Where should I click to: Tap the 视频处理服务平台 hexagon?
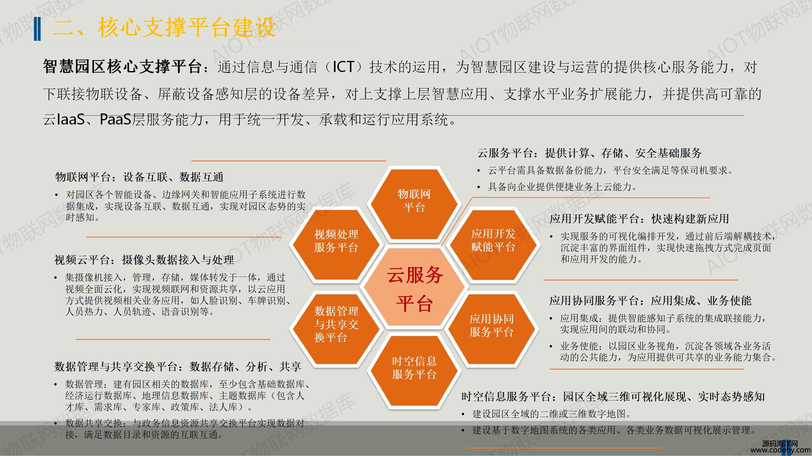[x=336, y=245]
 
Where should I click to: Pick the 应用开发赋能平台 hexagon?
[x=493, y=245]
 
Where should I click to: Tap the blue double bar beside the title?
[x=37, y=29]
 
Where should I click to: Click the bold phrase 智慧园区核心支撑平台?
[x=122, y=67]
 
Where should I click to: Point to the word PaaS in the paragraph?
[x=115, y=119]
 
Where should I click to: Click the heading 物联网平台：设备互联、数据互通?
[x=139, y=177]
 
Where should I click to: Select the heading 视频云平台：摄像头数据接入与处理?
[x=144, y=260]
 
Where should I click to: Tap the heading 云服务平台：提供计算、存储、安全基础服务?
[x=589, y=153]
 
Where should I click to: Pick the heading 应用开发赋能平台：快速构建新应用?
[x=639, y=219]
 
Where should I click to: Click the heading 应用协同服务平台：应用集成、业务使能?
[x=650, y=301]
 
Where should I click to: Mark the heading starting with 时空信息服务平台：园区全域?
[x=613, y=396]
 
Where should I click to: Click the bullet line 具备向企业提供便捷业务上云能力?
[x=562, y=187]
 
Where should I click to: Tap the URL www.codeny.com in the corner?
[x=781, y=450]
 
